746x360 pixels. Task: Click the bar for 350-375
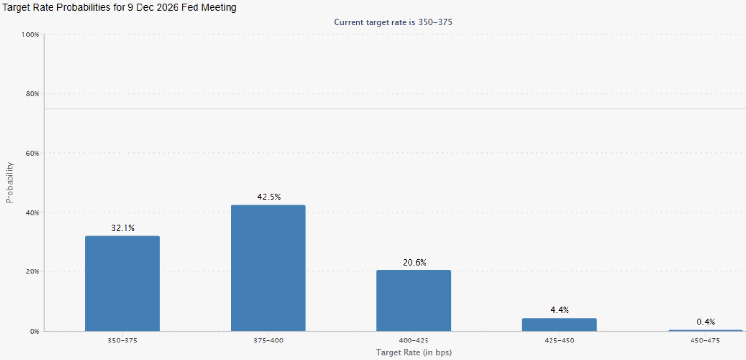coord(122,284)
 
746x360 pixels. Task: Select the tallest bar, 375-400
coord(268,268)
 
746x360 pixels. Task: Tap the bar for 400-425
coord(414,301)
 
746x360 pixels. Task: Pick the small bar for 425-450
coord(559,324)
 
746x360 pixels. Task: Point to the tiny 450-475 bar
coord(705,330)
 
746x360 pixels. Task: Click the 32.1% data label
coord(123,228)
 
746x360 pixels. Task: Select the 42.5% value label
coord(269,197)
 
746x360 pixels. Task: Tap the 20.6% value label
coord(414,263)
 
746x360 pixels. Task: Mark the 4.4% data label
coord(560,310)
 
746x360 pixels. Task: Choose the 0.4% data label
coord(706,322)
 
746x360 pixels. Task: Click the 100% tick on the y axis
coord(30,35)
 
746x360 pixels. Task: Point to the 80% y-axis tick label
coord(32,94)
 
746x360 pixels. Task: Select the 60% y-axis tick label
coord(32,153)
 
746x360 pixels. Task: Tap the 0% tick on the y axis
coord(35,332)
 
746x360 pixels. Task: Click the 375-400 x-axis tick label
coord(268,341)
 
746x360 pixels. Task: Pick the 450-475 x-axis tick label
coord(705,341)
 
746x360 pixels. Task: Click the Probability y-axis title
coord(9,183)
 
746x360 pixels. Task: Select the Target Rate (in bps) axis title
coord(414,352)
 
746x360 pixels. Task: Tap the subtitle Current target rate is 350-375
coord(393,22)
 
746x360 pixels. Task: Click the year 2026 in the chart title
coord(167,7)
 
